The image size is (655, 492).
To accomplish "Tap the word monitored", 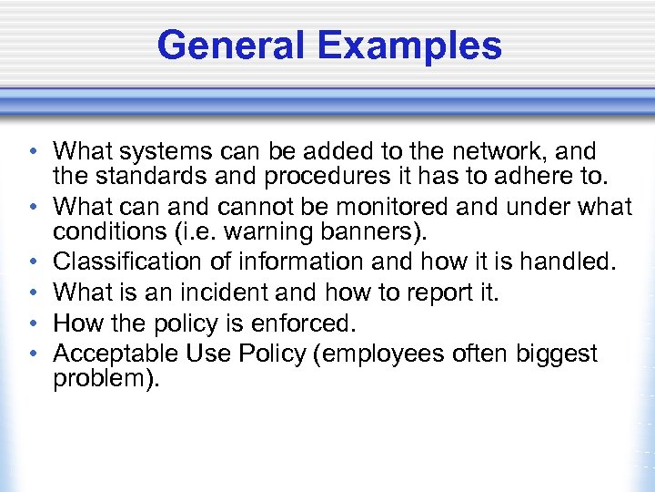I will point(381,208).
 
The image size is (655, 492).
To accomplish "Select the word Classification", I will point(121,262).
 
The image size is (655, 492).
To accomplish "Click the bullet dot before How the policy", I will point(31,324).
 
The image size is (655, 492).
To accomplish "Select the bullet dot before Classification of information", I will point(31,262).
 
